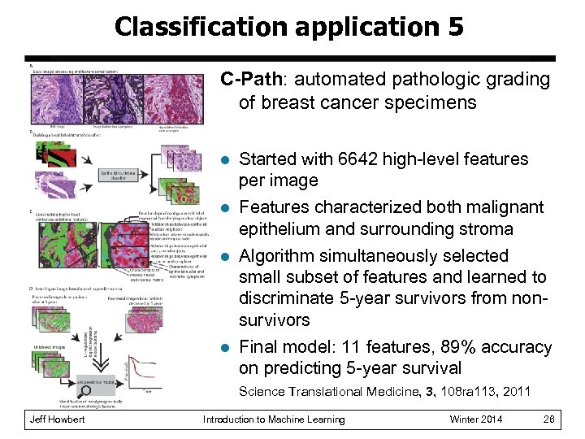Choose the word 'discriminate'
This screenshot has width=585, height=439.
289,298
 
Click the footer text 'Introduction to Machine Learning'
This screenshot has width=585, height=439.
273,419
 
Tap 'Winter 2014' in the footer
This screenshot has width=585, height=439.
475,419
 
